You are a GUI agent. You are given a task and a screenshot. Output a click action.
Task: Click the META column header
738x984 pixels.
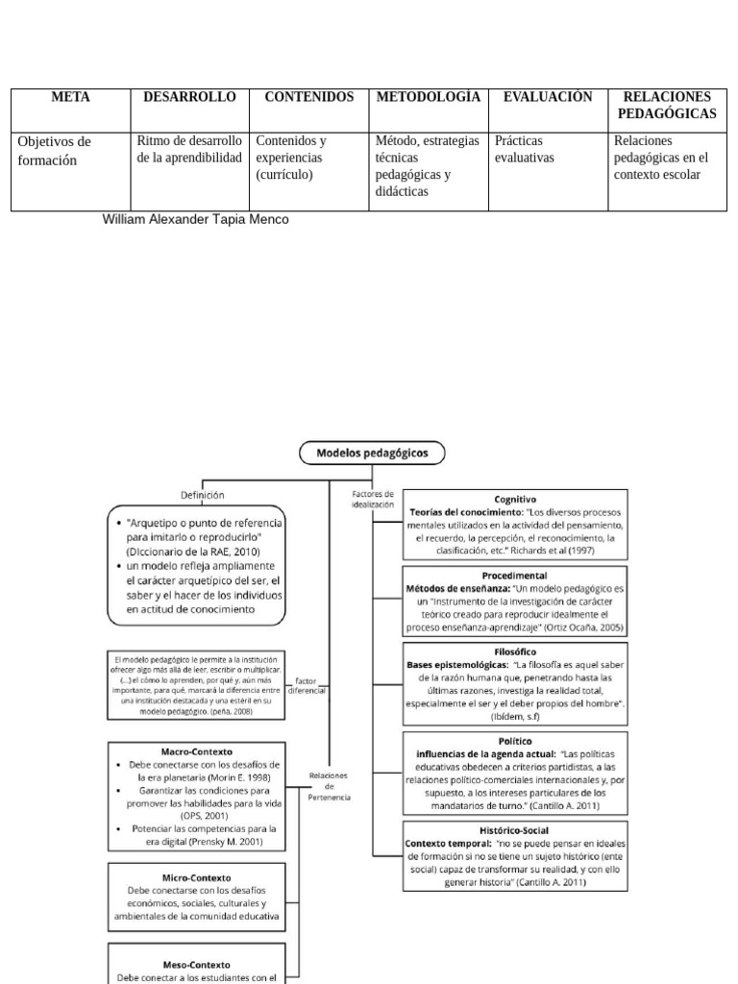[69, 97]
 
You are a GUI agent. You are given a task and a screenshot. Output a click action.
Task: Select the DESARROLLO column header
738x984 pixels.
[189, 97]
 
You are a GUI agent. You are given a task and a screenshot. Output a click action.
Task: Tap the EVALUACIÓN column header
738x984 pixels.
[548, 97]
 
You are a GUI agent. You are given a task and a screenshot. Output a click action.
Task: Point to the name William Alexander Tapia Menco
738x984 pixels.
[195, 219]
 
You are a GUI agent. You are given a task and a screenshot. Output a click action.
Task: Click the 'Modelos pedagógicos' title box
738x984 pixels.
[372, 452]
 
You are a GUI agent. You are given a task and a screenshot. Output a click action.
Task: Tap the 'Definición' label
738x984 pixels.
[203, 495]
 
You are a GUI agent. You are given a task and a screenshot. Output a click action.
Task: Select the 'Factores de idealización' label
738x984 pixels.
[373, 499]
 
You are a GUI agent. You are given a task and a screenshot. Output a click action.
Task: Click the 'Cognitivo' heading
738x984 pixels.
[515, 500]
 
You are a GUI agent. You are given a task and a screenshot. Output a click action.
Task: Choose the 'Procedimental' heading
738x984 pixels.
[515, 574]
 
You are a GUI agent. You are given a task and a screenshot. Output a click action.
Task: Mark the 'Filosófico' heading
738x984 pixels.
[515, 651]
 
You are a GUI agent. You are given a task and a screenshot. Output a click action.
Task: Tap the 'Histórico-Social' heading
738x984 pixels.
[515, 828]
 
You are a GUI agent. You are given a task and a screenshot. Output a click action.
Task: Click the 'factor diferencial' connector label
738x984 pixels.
[307, 684]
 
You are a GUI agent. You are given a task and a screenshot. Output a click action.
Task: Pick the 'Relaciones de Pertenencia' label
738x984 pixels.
[330, 785]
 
